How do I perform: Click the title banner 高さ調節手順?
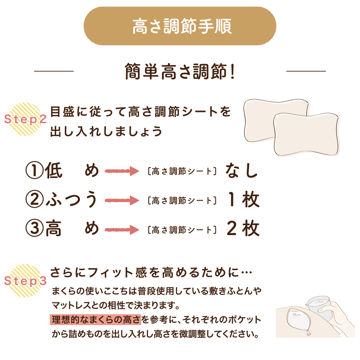[x=180, y=26]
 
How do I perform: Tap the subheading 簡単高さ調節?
[x=180, y=71]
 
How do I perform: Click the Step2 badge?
[x=26, y=119]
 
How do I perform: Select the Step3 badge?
[x=26, y=280]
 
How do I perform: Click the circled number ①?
[x=35, y=171]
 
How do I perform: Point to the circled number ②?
[x=35, y=199]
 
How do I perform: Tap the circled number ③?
[x=35, y=229]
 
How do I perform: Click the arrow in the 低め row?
[x=122, y=171]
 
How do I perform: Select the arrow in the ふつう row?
[x=122, y=201]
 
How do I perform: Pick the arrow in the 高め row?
[x=122, y=230]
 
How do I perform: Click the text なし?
[x=242, y=171]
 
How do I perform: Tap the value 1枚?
[x=243, y=199]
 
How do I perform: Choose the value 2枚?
[x=243, y=229]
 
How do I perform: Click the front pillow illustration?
[x=306, y=134]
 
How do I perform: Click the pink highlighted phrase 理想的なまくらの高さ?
[x=95, y=320]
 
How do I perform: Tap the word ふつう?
[x=72, y=199]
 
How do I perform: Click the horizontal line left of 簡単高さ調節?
[x=54, y=71]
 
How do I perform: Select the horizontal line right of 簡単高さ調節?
[x=306, y=71]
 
